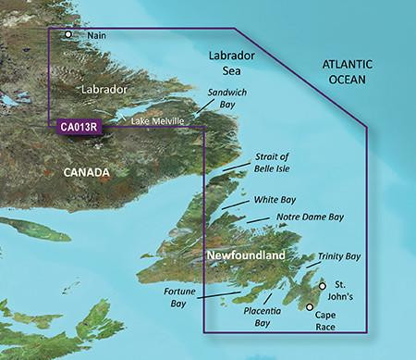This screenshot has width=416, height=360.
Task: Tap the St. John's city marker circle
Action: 322,287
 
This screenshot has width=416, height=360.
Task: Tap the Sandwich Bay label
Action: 231,114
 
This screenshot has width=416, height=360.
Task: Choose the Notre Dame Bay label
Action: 310,217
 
